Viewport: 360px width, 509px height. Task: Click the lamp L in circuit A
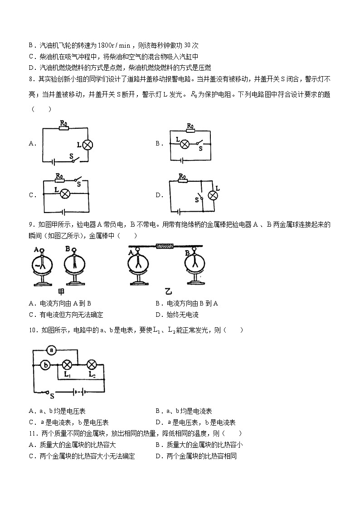click(88, 145)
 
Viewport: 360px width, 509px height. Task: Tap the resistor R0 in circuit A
click(63, 128)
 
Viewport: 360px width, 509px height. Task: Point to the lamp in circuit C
click(65, 194)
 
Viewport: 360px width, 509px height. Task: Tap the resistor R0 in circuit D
click(182, 181)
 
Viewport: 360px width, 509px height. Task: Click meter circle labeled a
click(52, 350)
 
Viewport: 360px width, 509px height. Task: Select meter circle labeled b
click(45, 364)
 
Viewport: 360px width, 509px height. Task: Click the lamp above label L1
click(68, 364)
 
